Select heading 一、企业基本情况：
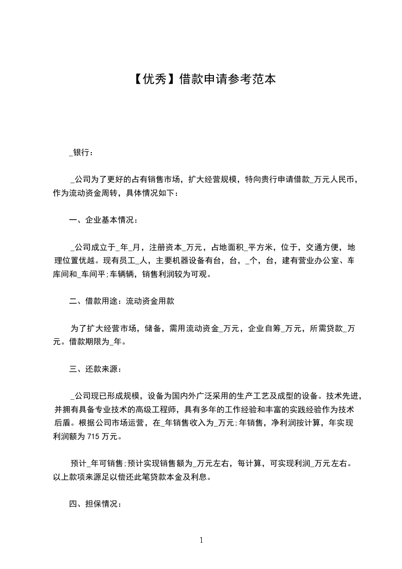click(x=103, y=221)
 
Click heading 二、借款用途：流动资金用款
click(x=122, y=301)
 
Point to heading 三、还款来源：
click(x=95, y=369)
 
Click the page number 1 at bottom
click(x=201, y=540)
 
